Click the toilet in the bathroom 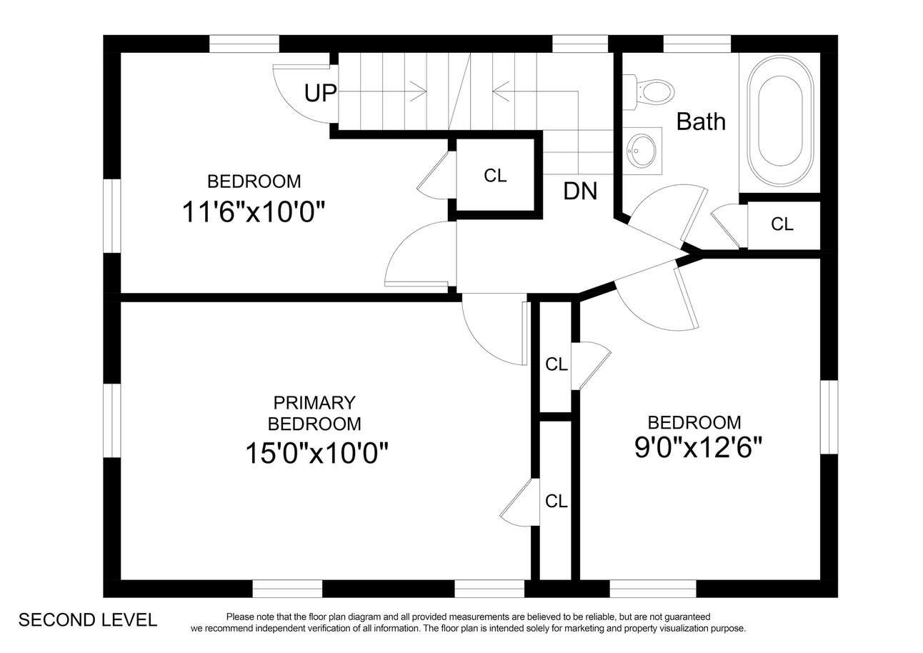coord(648,92)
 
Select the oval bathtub coord(780,121)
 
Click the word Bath coord(701,121)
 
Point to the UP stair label coord(320,93)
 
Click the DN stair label coord(580,191)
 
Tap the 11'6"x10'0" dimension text coord(254,212)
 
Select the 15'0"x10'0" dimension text coord(317,453)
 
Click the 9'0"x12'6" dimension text coord(699,447)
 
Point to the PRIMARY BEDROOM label coord(314,413)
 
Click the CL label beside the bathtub coord(782,224)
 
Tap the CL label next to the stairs coord(495,176)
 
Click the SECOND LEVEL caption coord(88,620)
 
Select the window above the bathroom coord(697,44)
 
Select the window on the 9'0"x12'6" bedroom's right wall coord(829,417)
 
